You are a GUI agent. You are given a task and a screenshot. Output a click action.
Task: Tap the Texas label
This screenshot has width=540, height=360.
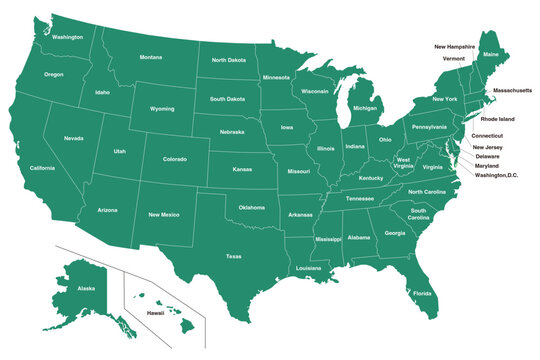[233, 256]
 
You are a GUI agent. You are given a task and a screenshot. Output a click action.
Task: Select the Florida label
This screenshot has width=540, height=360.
[422, 293]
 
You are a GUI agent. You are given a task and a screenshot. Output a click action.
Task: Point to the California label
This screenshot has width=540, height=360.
[42, 168]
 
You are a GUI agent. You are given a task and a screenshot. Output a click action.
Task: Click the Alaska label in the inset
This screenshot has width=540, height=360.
[86, 288]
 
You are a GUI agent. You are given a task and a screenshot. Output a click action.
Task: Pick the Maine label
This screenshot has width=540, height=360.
[490, 54]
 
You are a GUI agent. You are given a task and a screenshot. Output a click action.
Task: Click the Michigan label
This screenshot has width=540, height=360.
[365, 108]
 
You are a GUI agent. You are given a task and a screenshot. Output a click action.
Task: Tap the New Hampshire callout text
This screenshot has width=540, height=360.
[454, 46]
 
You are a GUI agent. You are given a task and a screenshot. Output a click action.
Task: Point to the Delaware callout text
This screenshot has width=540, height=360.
[487, 156]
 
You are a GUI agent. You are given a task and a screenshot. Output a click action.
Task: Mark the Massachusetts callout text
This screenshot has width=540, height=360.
[511, 90]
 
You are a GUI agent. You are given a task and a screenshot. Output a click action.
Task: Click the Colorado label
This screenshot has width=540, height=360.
[174, 158]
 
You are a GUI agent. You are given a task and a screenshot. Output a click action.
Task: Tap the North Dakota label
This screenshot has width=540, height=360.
[229, 60]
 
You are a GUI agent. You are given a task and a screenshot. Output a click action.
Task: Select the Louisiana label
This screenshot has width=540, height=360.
[308, 268]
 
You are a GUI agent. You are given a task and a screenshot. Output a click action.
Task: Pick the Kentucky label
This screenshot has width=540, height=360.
[371, 178]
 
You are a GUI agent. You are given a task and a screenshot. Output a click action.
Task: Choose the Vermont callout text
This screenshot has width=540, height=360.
[454, 58]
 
